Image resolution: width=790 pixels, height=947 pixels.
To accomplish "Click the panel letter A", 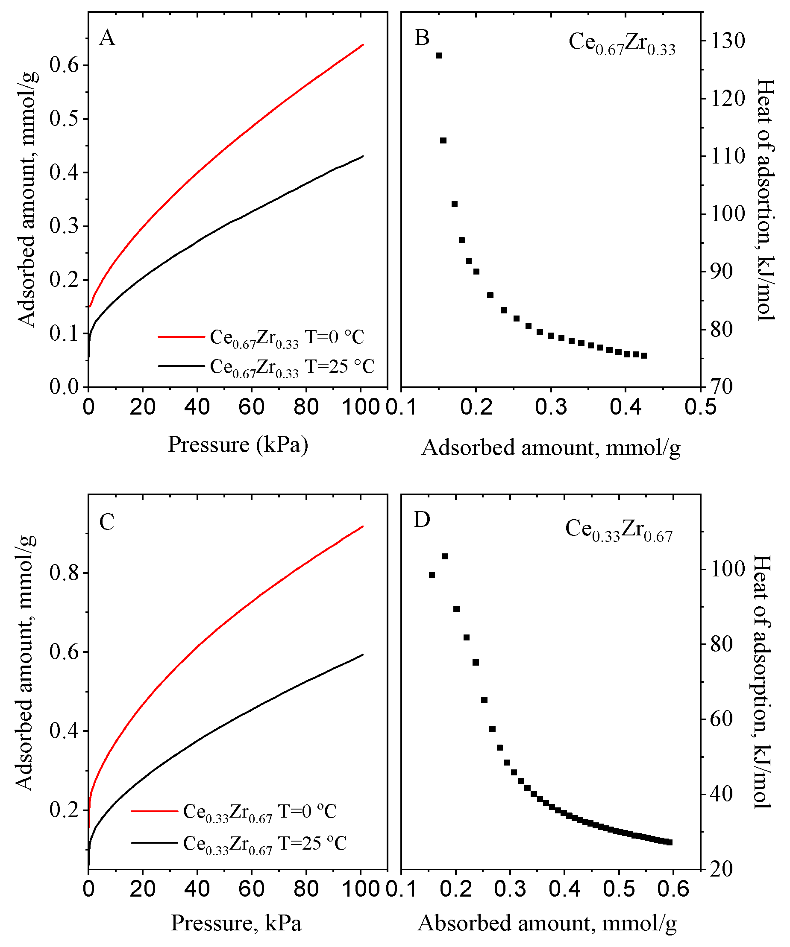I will pos(107,38).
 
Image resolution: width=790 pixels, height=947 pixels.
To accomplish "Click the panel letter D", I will pos(422,520).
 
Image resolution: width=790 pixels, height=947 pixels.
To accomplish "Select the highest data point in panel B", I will pos(438,56).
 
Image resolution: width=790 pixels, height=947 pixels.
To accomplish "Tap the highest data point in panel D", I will pos(445,556).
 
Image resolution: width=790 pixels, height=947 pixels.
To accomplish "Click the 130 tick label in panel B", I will pos(728,41).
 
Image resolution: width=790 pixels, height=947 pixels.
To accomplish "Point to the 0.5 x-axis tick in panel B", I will pos(700,407).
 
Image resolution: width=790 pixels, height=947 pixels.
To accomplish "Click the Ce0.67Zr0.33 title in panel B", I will pos(622,43).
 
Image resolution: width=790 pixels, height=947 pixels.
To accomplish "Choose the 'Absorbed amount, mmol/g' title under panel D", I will pos(547,923).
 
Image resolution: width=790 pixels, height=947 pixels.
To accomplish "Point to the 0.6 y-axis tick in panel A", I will pos(64,65).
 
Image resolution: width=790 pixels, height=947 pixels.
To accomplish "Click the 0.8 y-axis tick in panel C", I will pos(64,573).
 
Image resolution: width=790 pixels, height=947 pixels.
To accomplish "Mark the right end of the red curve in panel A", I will pos(363,45).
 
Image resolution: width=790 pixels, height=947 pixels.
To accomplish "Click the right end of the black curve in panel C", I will pos(363,655).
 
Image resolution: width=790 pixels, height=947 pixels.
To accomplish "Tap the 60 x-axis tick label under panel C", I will pos(251,889).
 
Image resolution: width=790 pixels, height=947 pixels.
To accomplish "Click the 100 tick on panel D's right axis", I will pos(727,569).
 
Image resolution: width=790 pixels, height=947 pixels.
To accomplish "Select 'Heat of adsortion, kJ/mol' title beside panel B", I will pos(765,199).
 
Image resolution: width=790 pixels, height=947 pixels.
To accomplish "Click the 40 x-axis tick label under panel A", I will pos(197,407).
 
